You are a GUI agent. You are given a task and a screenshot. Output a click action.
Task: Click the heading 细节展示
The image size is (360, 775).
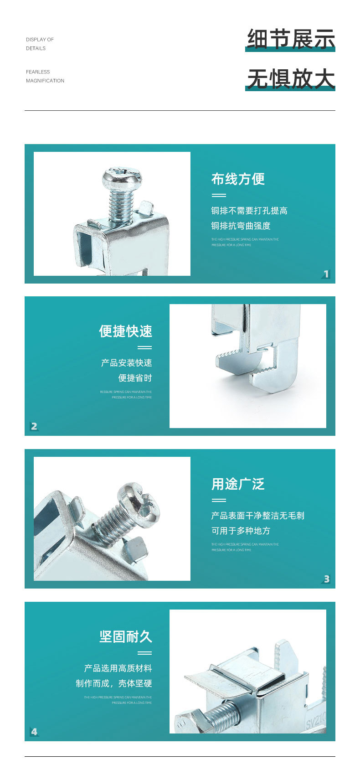[x=291, y=39]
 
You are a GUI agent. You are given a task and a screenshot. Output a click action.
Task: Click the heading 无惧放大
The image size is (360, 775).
[x=291, y=78]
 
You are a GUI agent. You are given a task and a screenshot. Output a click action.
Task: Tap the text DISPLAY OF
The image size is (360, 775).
[x=40, y=40]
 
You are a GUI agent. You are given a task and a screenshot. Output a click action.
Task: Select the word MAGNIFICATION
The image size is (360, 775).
[x=45, y=81]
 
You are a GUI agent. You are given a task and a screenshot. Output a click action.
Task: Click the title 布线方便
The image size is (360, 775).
[x=238, y=179]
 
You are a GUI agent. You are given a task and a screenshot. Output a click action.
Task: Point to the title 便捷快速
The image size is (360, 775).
[x=125, y=331]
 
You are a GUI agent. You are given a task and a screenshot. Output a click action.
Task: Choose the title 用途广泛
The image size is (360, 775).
[x=238, y=484]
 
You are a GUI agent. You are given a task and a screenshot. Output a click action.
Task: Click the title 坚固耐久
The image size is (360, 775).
[x=125, y=636]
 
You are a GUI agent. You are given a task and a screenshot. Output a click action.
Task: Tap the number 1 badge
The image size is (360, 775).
[x=326, y=274]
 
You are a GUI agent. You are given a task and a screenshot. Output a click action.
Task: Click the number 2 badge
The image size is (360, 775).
[x=34, y=426]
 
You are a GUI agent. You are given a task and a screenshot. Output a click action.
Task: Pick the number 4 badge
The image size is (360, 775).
[x=34, y=732]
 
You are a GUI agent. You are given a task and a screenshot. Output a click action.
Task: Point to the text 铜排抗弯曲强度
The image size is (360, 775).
[x=241, y=226]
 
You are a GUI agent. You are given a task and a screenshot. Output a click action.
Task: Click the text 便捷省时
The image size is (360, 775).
[x=135, y=378]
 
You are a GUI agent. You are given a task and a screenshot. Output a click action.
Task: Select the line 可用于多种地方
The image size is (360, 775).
[x=241, y=531]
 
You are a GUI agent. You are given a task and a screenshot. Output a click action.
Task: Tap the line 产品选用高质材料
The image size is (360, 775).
[x=118, y=668]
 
